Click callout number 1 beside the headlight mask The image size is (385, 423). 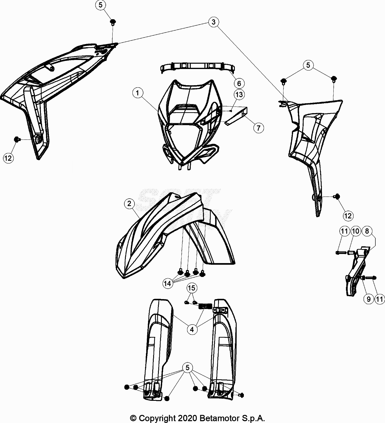coord(138,93)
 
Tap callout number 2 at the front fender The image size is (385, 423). coord(129,203)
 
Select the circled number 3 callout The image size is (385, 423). coord(214,22)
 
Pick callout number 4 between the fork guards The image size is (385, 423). coord(192,329)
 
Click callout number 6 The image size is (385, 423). coord(239,83)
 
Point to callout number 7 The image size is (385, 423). coord(259,128)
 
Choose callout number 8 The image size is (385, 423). coord(367,231)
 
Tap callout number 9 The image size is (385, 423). coord(369,299)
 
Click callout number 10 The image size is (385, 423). coord(356,231)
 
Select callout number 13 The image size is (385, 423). coord(239,94)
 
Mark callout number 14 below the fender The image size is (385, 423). coord(168,283)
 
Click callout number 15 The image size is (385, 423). coord(192,288)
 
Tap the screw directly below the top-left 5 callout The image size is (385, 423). coord(113,22)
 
